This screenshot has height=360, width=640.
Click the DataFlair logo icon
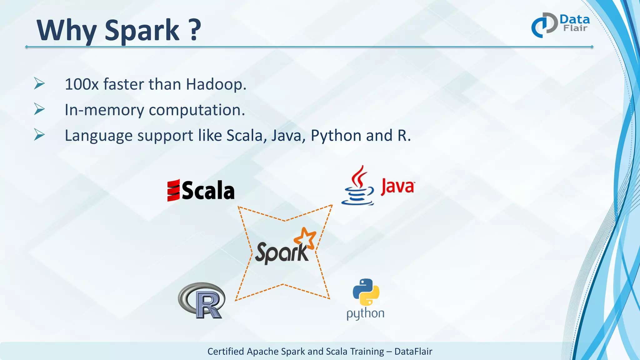click(544, 25)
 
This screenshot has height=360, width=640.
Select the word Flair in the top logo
click(575, 28)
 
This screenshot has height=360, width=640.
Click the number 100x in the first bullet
click(82, 84)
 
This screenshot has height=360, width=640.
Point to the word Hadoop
click(216, 84)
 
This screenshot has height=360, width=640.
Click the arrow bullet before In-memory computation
click(39, 109)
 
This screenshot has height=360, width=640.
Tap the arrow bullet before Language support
click(39, 135)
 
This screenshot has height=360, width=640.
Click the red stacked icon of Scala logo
click(173, 190)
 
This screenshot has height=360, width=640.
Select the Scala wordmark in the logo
click(208, 191)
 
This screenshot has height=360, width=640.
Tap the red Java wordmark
click(397, 187)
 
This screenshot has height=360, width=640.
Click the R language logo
click(202, 301)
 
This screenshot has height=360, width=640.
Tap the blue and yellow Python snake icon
click(366, 292)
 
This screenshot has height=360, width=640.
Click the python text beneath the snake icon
click(365, 313)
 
